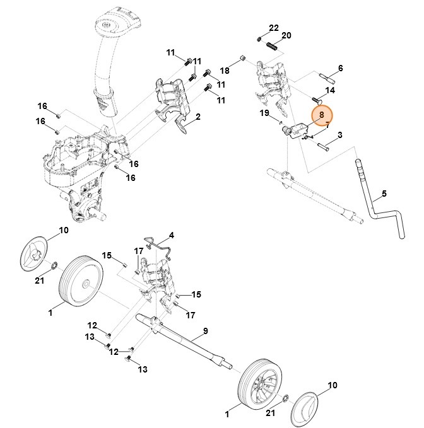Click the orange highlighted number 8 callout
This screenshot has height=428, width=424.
321,115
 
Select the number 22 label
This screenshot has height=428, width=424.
273,28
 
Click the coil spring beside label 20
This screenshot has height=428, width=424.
270,46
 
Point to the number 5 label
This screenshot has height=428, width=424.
384,194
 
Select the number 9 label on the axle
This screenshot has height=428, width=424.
204,331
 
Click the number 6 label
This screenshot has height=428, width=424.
340,67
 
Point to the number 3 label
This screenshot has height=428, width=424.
339,134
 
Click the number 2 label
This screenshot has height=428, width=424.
197,117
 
